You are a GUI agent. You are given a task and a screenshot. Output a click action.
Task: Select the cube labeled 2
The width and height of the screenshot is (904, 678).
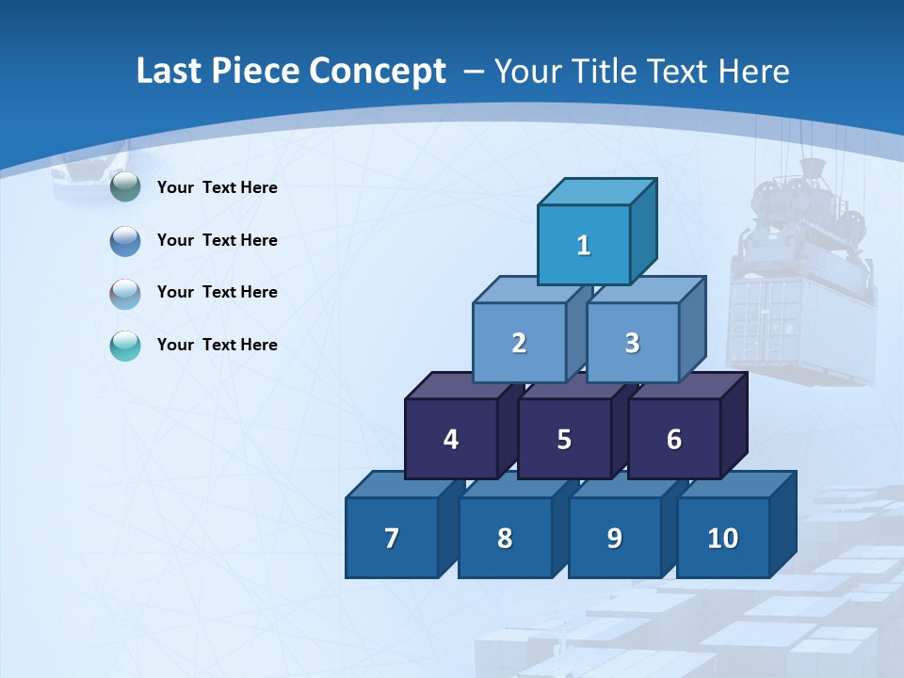(x=519, y=343)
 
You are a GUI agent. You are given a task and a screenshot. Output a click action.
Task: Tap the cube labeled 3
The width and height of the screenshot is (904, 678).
(x=632, y=343)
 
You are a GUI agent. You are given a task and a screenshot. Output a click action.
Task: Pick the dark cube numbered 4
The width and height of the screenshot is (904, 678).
(x=451, y=439)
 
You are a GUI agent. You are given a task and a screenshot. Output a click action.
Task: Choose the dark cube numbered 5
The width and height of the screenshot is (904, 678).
(x=564, y=439)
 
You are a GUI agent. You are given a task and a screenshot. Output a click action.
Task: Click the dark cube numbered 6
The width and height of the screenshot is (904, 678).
(x=673, y=439)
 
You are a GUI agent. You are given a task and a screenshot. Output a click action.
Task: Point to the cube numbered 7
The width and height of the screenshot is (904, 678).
(x=392, y=538)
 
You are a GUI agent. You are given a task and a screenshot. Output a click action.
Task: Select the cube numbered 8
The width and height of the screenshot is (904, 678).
(x=505, y=538)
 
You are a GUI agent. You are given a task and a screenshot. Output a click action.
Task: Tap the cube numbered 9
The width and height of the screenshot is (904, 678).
(x=614, y=538)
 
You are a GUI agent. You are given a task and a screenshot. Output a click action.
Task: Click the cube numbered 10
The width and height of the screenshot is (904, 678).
(x=722, y=538)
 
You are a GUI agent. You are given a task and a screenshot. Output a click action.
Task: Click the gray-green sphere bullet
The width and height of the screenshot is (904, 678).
(x=125, y=187)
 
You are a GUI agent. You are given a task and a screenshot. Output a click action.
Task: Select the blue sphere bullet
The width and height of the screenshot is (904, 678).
(x=125, y=240)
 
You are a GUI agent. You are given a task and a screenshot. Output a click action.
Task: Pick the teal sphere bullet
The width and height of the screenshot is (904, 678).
(x=125, y=345)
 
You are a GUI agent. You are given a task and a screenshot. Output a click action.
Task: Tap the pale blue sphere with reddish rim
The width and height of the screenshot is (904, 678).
(x=125, y=293)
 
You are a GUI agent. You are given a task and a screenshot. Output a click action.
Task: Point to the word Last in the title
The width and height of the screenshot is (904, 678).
(x=169, y=72)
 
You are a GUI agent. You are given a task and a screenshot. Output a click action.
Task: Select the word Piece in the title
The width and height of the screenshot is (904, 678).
(x=256, y=72)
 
